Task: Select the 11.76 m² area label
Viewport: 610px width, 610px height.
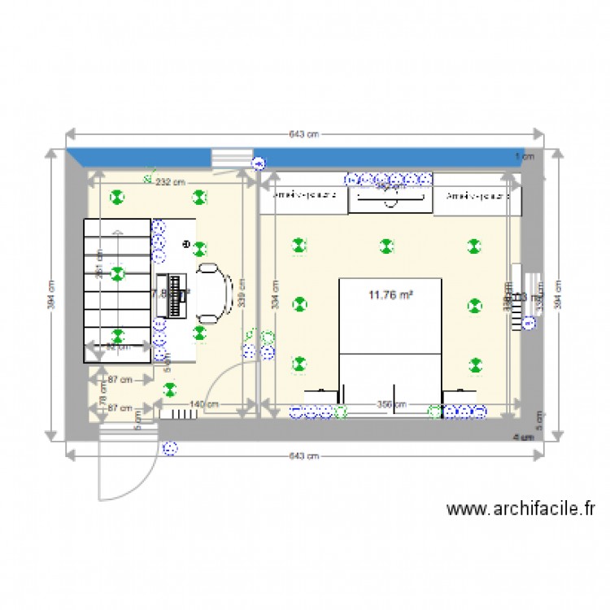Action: (x=390, y=295)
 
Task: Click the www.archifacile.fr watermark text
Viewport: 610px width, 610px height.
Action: (x=521, y=509)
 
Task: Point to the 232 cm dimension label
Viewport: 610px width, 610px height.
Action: (x=170, y=182)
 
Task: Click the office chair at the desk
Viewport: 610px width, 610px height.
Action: (x=214, y=290)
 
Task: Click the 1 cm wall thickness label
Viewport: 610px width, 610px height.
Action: (x=525, y=156)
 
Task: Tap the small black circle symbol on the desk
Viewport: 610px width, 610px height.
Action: (x=185, y=244)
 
